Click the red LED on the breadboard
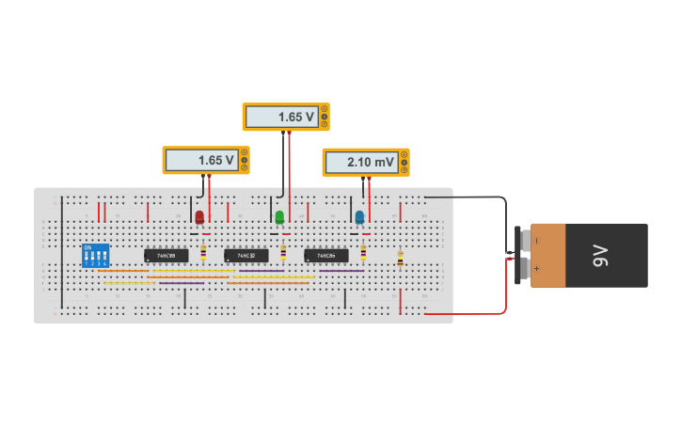coord(199,218)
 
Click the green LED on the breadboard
coord(279,218)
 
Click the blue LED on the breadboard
coord(359,218)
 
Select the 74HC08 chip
coord(166,255)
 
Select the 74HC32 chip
coord(246,255)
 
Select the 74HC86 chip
coord(326,255)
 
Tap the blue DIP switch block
coord(96,256)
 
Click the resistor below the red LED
coord(204,251)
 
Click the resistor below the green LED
coord(284,251)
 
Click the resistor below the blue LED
coord(364,251)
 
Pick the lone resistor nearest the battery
coord(400,258)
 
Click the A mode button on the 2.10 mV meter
coord(404,155)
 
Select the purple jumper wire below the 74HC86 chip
coord(341,271)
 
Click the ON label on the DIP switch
coord(87,248)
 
